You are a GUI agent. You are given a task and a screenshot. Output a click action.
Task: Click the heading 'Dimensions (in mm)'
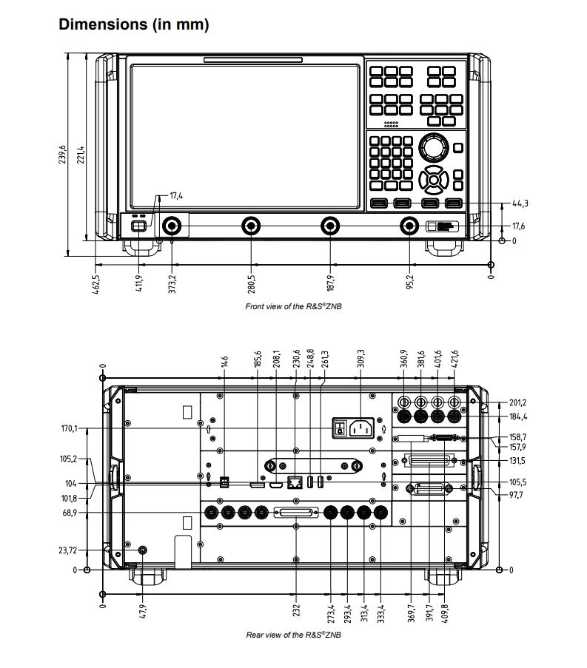[x=133, y=24]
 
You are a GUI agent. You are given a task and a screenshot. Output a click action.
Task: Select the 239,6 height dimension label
[x=64, y=155]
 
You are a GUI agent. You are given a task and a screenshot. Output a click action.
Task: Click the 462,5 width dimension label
[x=96, y=284]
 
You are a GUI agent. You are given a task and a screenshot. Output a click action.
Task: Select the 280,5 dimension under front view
[x=252, y=283]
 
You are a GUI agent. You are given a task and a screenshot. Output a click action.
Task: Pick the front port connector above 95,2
[x=409, y=226]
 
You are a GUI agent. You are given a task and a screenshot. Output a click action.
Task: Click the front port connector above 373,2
[x=172, y=226]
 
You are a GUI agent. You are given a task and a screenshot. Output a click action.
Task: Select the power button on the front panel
[x=138, y=226]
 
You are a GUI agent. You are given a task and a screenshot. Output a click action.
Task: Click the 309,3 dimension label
[x=360, y=357]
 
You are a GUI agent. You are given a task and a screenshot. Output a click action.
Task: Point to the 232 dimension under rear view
[x=296, y=611]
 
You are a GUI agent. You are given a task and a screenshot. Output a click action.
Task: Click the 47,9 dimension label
[x=142, y=611]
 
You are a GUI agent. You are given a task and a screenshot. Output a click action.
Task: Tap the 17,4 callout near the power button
[x=176, y=196]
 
